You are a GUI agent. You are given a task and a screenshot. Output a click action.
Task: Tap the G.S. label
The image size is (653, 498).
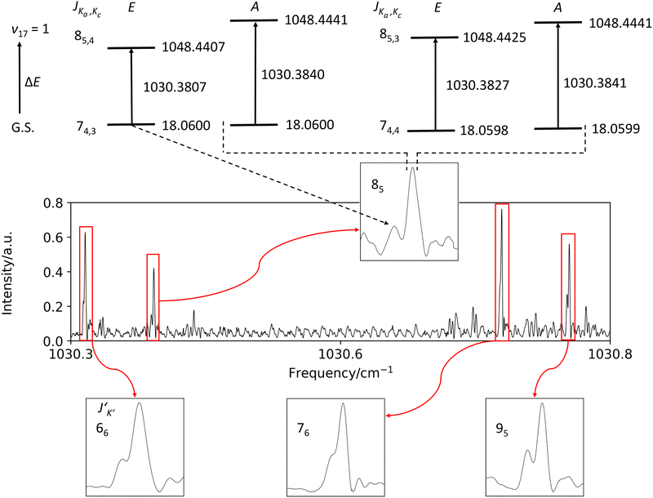coord(22,127)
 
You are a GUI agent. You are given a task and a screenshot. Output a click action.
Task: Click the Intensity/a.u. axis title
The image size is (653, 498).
coord(11,271)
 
